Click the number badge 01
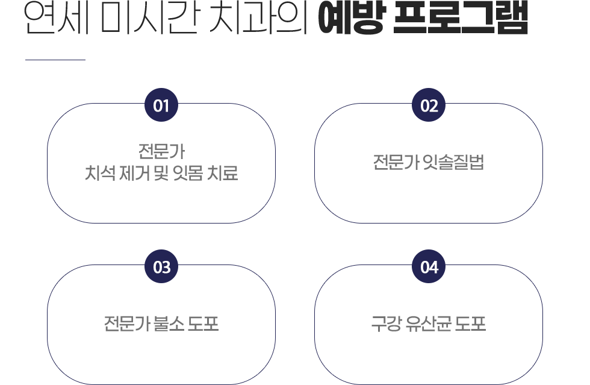pyautogui.click(x=161, y=106)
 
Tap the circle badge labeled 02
pyautogui.click(x=429, y=106)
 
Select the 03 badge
pyautogui.click(x=161, y=267)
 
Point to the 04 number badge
pyautogui.click(x=429, y=267)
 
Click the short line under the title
pyautogui.click(x=55, y=60)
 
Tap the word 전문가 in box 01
pyautogui.click(x=161, y=149)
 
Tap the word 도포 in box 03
pyautogui.click(x=203, y=324)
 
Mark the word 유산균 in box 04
pyautogui.click(x=429, y=324)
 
